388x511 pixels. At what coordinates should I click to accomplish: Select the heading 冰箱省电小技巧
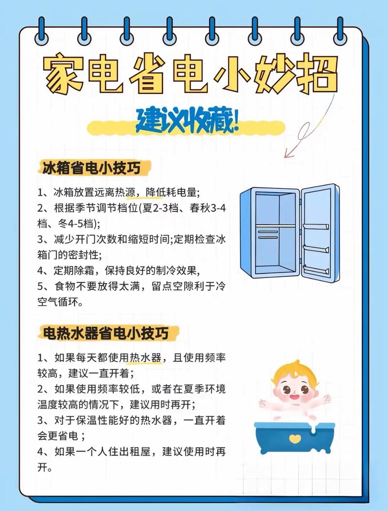click(92, 168)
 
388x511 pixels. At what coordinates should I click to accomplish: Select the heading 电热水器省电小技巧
click(106, 333)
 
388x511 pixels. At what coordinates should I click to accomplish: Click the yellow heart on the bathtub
click(293, 438)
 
